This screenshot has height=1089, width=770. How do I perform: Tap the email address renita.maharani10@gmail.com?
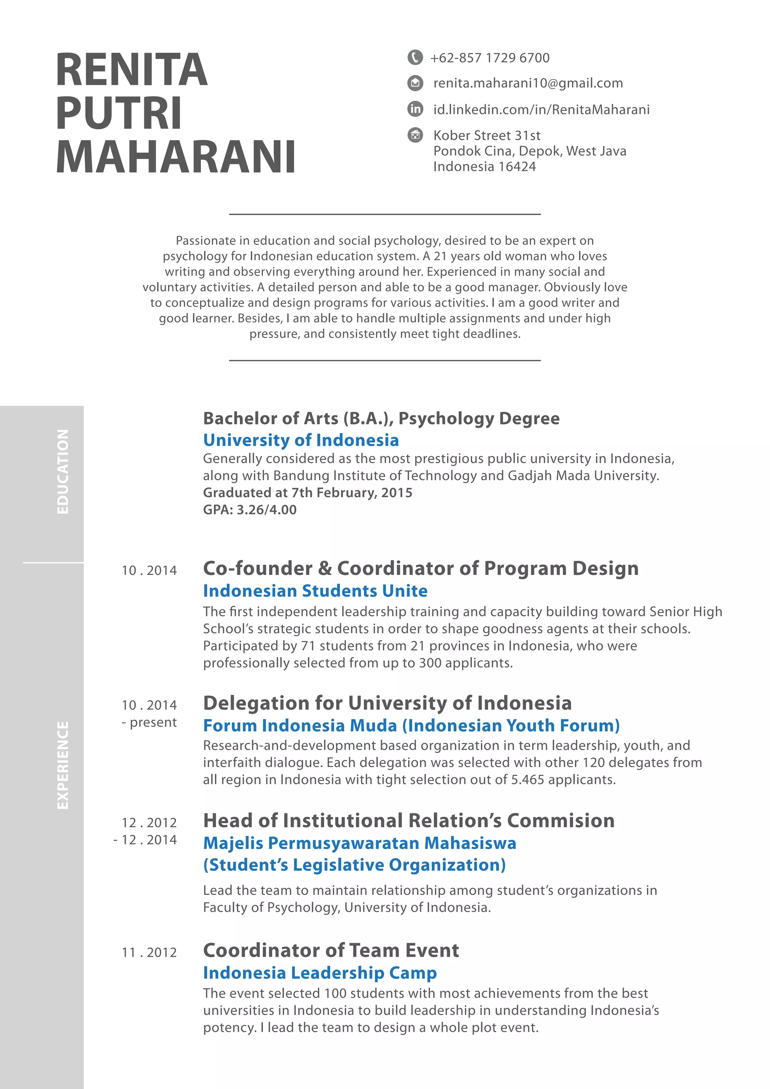(x=528, y=83)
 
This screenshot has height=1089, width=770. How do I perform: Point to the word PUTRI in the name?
(x=118, y=113)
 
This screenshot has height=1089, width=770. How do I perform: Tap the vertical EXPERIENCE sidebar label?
(x=62, y=765)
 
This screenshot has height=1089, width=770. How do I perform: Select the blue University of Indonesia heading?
(x=301, y=440)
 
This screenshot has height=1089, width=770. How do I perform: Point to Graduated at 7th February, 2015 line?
(x=307, y=493)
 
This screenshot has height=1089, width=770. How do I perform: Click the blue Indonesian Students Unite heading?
(x=315, y=591)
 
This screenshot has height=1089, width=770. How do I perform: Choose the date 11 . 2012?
(x=149, y=952)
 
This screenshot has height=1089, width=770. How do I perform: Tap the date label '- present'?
(x=149, y=722)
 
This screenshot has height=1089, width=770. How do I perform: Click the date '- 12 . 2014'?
(x=145, y=840)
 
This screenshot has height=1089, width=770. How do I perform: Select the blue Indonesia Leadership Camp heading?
(x=320, y=973)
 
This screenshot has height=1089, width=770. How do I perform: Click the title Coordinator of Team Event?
(x=331, y=951)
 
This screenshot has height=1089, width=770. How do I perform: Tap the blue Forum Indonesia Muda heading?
(x=411, y=726)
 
